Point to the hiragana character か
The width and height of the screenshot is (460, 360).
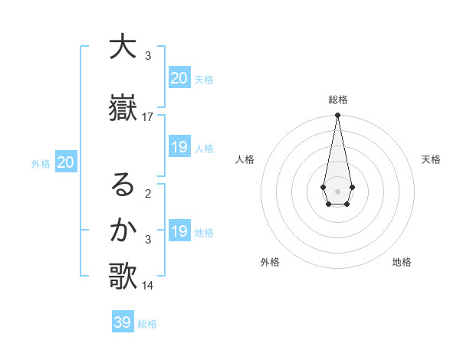tap(123, 230)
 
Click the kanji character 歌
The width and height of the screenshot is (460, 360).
tap(123, 277)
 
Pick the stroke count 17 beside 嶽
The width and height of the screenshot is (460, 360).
tap(148, 116)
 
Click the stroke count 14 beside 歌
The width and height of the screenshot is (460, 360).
tap(148, 286)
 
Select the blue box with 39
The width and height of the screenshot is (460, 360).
tap(123, 322)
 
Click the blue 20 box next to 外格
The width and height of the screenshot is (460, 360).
tap(65, 162)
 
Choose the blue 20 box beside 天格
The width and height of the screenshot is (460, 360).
tap(179, 78)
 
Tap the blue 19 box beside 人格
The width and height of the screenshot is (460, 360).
tap(179, 147)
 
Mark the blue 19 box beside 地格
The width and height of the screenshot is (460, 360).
tap(179, 231)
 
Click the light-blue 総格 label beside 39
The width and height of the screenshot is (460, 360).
tap(147, 324)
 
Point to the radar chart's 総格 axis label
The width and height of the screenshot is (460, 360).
tap(337, 100)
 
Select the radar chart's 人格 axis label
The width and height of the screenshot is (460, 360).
tap(245, 159)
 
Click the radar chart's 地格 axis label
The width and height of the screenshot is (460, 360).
tap(402, 262)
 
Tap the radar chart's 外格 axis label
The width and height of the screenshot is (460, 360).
tap(270, 262)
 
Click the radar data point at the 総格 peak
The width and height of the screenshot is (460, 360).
tap(337, 116)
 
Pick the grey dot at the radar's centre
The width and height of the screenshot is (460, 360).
tap(337, 191)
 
